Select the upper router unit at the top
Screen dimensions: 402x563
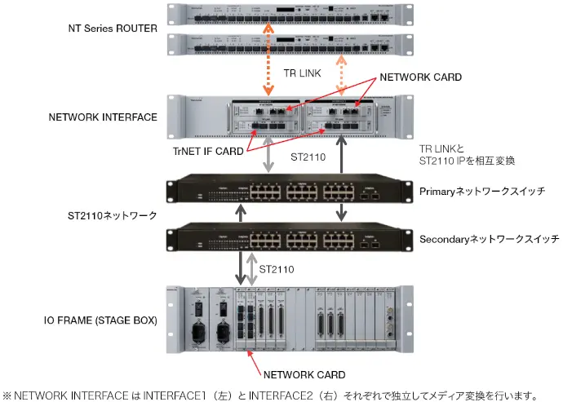point(284,15)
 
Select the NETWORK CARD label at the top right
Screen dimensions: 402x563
point(420,77)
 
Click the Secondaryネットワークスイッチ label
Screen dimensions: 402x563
point(488,239)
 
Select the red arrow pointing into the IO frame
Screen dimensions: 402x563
point(256,358)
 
